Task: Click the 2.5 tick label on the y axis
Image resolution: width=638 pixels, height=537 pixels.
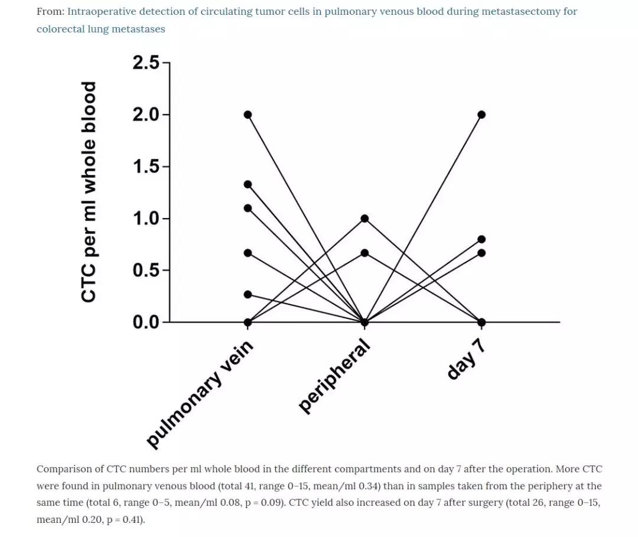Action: click(x=146, y=63)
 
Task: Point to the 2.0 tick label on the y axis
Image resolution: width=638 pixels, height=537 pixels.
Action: click(x=146, y=115)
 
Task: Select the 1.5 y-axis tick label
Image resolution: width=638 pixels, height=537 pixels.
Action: click(x=146, y=167)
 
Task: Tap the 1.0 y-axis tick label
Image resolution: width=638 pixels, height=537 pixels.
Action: click(x=146, y=219)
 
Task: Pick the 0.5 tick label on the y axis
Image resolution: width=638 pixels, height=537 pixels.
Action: click(x=146, y=271)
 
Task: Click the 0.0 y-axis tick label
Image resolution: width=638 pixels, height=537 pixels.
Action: click(x=146, y=323)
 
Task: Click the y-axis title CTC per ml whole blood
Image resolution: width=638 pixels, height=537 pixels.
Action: click(x=89, y=192)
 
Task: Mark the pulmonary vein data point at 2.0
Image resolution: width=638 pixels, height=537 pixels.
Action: click(x=248, y=115)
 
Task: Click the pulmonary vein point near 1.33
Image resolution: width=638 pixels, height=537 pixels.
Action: click(x=248, y=184)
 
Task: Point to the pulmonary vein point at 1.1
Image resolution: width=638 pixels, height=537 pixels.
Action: click(x=248, y=208)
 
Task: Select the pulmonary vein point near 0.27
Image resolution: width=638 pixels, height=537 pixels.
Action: click(x=248, y=294)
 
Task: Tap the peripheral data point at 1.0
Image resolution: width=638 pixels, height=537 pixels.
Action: click(x=365, y=219)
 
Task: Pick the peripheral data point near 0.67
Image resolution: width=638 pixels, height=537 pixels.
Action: click(x=365, y=253)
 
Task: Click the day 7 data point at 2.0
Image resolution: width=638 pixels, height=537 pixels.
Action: click(x=481, y=115)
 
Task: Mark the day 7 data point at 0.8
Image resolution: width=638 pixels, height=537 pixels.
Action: click(x=481, y=239)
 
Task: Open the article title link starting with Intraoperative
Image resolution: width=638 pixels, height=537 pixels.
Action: click(x=322, y=12)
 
